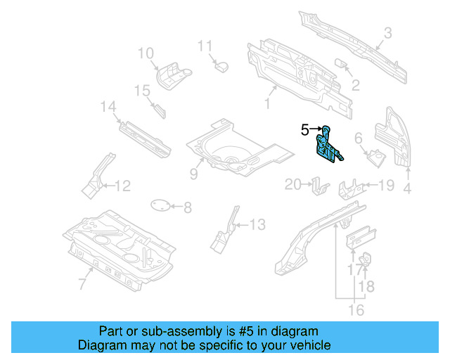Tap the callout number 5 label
304,129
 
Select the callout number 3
387,32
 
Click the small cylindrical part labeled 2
344,64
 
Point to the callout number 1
267,103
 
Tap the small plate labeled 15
159,110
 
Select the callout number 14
108,107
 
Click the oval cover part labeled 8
160,205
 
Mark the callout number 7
82,284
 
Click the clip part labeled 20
320,186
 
